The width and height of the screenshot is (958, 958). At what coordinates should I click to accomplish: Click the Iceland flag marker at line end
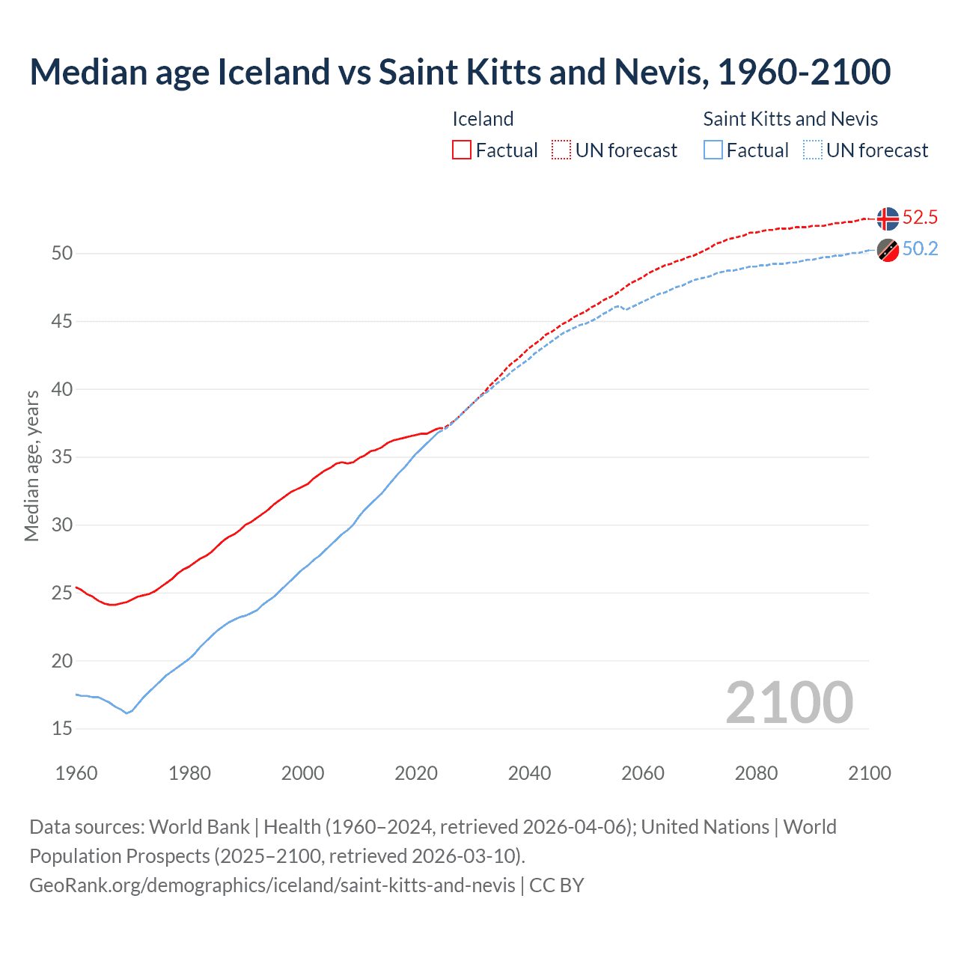(888, 219)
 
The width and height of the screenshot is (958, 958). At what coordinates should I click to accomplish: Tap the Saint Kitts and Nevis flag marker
(888, 251)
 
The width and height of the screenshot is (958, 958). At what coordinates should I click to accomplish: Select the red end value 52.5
(920, 218)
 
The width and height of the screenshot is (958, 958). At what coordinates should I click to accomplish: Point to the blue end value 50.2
(920, 249)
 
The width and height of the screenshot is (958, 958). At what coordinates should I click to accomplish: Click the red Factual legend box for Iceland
(462, 150)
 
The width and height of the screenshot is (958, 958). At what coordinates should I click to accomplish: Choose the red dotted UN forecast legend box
(561, 150)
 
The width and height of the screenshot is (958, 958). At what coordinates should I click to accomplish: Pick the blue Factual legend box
(713, 150)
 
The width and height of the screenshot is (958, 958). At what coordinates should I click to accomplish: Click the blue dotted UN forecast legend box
(812, 150)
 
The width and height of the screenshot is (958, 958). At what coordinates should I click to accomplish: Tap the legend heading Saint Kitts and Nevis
(790, 119)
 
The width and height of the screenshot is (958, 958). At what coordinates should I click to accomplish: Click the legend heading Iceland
(483, 119)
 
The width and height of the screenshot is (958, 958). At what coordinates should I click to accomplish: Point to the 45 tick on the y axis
(62, 322)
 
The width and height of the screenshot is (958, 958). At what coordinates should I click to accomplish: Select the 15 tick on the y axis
(62, 728)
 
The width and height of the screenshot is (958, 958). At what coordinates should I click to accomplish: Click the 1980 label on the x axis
(189, 773)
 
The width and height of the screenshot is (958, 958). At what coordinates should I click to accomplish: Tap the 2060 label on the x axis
(642, 773)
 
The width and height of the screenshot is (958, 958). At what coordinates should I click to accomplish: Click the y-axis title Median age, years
(31, 465)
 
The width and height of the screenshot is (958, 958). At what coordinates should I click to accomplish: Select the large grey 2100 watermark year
(789, 703)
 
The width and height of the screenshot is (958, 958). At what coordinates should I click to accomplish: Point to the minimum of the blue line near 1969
(126, 713)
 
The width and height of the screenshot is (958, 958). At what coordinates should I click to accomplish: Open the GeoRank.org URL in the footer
(272, 885)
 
